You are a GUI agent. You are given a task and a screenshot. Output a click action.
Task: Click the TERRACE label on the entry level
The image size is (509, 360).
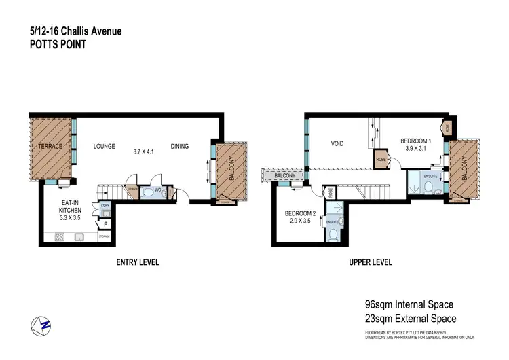pyautogui.click(x=50, y=146)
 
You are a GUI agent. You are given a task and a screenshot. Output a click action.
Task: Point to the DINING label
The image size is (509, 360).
pyautogui.click(x=179, y=146)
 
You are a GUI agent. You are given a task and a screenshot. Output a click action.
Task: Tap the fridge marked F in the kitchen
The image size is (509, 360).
pyautogui.click(x=105, y=223)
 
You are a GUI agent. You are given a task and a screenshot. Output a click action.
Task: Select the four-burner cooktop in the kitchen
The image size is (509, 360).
pyautogui.click(x=60, y=238)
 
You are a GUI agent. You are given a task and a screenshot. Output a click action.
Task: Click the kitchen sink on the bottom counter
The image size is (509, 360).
pyautogui.click(x=79, y=238)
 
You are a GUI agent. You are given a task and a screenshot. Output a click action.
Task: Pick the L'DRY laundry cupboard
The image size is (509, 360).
pyautogui.click(x=105, y=205)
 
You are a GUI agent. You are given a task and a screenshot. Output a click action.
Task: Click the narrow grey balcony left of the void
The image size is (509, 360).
pyautogui.click(x=284, y=177)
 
